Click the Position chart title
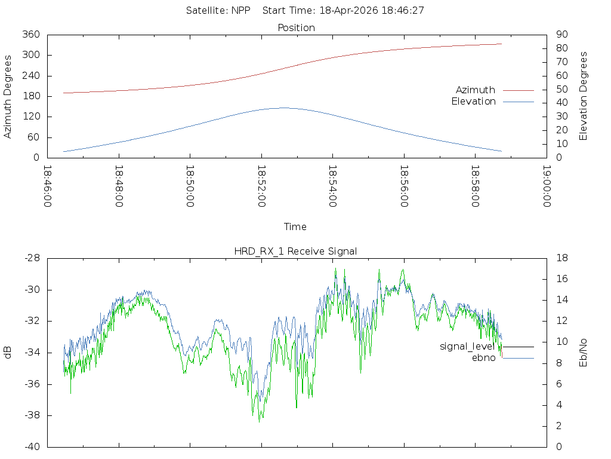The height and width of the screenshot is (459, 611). [x=296, y=27]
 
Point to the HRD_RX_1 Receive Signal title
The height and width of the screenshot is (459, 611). [x=295, y=252]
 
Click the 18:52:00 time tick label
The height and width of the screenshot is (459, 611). [x=261, y=186]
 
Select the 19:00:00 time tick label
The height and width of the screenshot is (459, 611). [x=547, y=186]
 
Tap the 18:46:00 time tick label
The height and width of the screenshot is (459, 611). [x=48, y=186]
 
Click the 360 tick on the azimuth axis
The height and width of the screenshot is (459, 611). [x=31, y=34]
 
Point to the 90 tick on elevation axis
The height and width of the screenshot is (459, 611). [x=562, y=34]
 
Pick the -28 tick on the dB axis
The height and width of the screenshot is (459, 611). [x=32, y=258]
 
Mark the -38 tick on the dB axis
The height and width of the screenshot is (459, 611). [x=32, y=415]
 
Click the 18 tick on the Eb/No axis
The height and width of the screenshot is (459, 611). [x=562, y=258]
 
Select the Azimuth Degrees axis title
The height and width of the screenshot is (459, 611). [x=7, y=97]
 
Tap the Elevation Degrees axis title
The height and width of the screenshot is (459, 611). [x=583, y=96]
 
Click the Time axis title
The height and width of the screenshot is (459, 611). [x=295, y=227]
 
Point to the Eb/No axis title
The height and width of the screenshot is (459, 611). [x=583, y=353]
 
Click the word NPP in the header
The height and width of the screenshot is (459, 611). [x=241, y=11]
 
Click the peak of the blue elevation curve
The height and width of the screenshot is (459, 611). [x=283, y=108]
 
